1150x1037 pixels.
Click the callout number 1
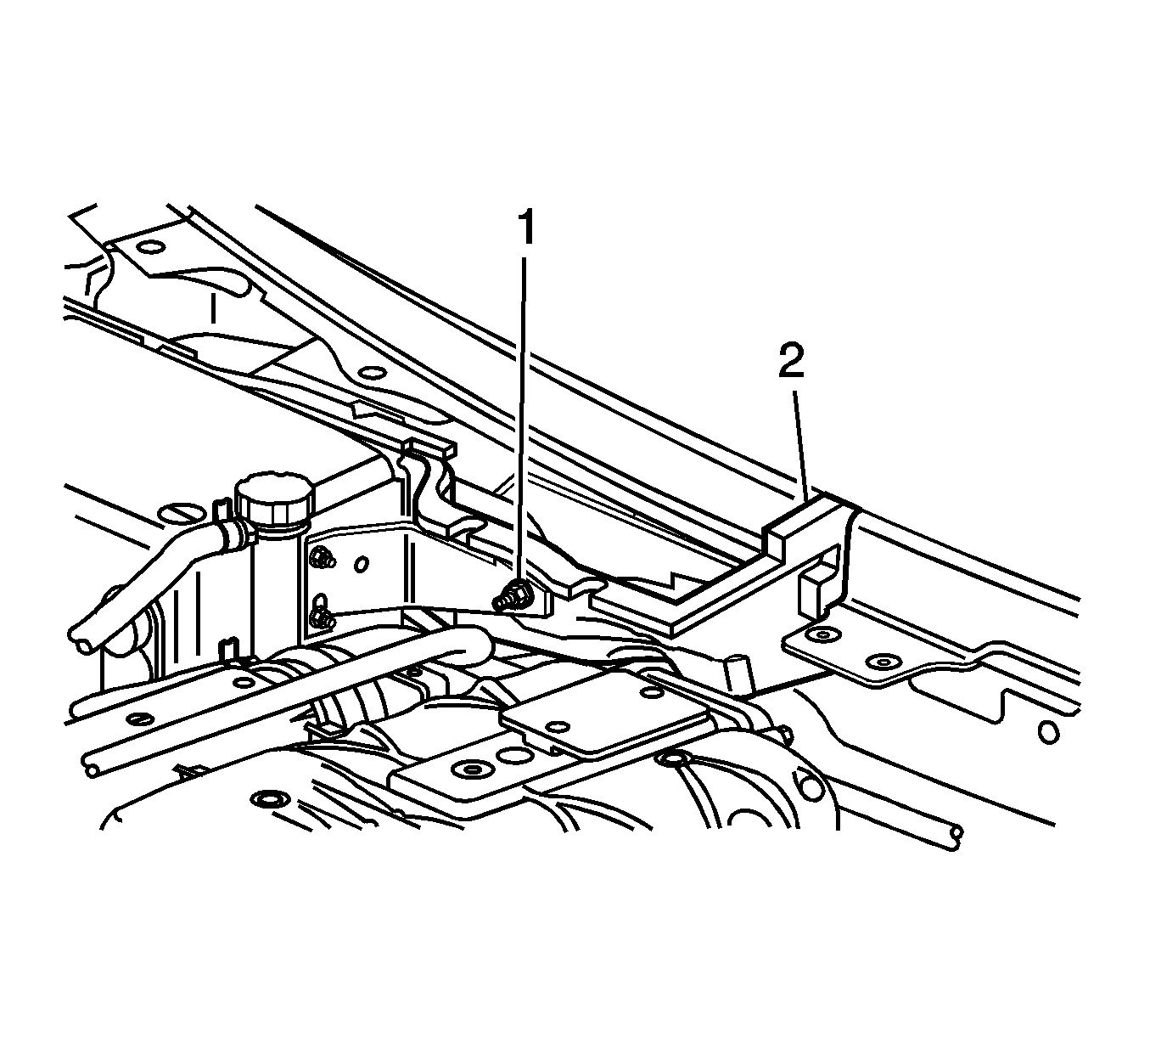pyautogui.click(x=525, y=228)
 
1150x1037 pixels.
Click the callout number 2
pyautogui.click(x=792, y=360)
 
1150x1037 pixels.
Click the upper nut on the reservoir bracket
pyautogui.click(x=322, y=556)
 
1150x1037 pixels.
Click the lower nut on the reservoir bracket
pyautogui.click(x=320, y=617)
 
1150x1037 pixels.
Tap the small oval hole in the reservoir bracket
pyautogui.click(x=362, y=564)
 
